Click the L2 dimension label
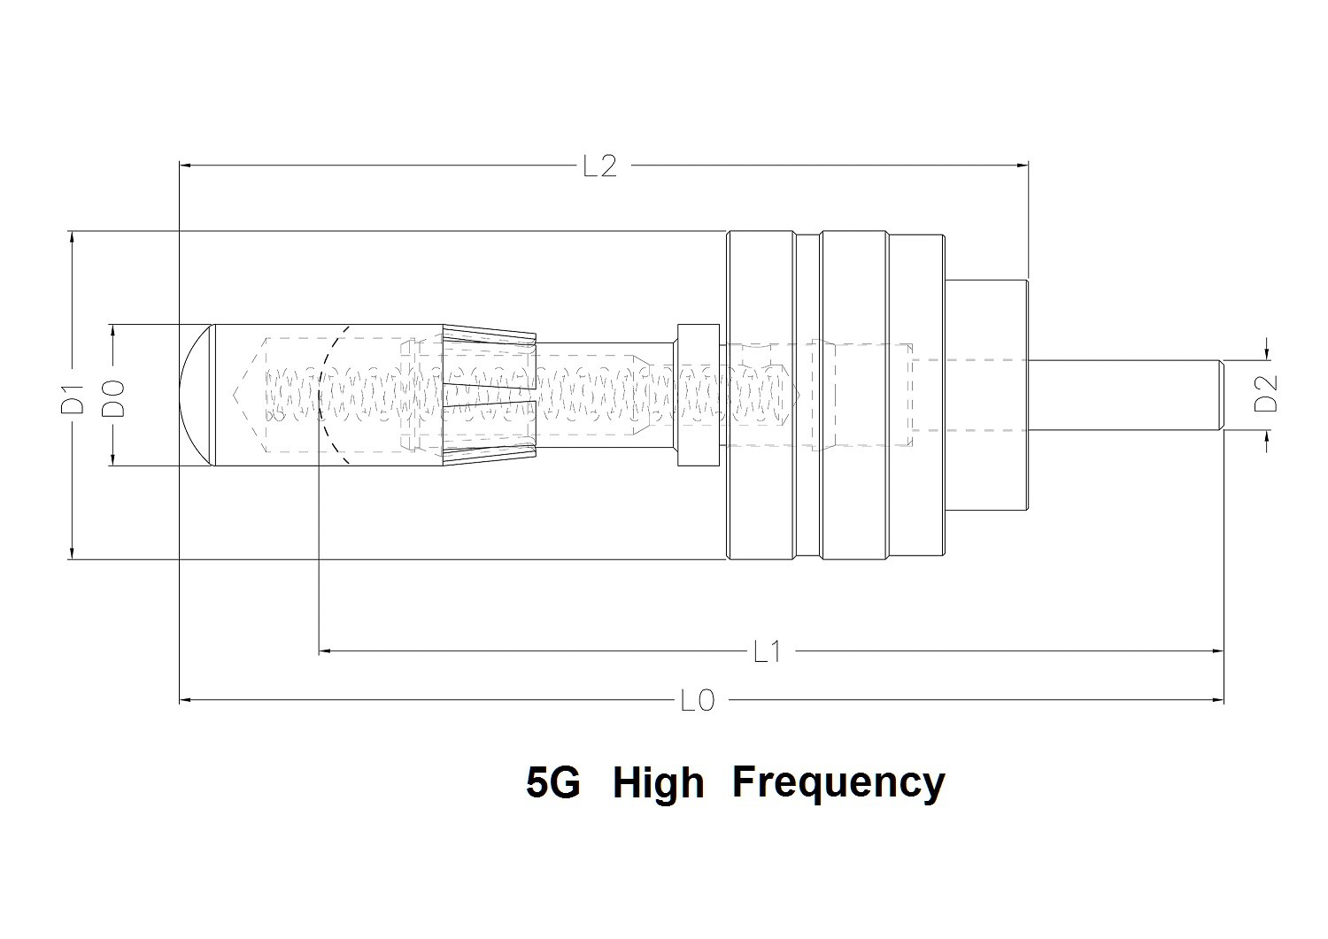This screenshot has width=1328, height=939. pos(599,165)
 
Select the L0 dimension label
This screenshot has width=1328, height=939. pos(697,701)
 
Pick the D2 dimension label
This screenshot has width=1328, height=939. pos(1268,395)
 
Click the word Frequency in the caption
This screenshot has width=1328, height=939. pos(838,782)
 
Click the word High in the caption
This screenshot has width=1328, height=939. pos(658,782)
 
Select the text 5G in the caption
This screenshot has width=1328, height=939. pos(552,782)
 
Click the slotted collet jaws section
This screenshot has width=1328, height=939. pos(489,395)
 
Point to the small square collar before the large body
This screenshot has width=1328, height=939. pos(697,395)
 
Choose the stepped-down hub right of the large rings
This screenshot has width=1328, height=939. pos(987,395)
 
